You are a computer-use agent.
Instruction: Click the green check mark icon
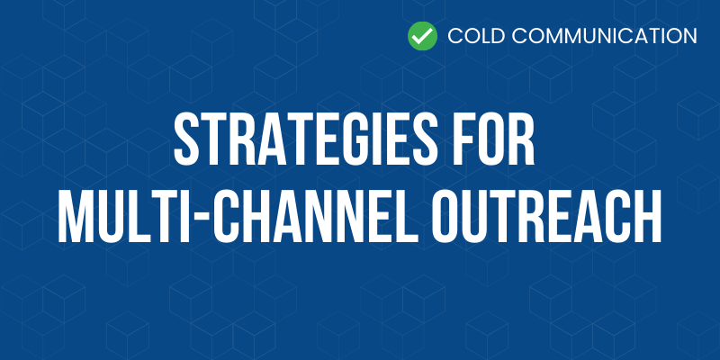pyautogui.click(x=422, y=36)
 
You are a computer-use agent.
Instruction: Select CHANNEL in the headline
pyautogui.click(x=317, y=216)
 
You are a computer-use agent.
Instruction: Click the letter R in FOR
pyautogui.click(x=521, y=139)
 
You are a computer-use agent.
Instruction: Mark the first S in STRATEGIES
pyautogui.click(x=188, y=139)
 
